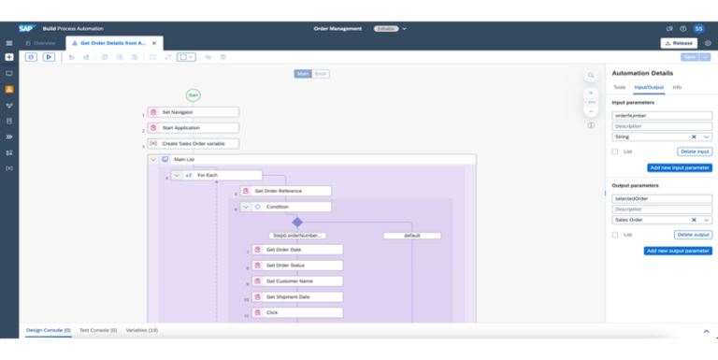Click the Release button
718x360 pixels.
[679, 43]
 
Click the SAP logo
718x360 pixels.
[26, 28]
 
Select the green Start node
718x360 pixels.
[193, 94]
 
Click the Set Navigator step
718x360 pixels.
[193, 112]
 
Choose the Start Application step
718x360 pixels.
[193, 127]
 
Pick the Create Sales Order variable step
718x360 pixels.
[193, 143]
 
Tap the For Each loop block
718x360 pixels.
[216, 175]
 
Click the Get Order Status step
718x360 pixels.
[297, 266]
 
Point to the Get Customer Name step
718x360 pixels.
[297, 281]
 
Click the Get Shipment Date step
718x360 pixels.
[297, 296]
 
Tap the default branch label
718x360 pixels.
[411, 236]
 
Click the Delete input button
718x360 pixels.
[695, 151]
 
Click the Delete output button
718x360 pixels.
[694, 235]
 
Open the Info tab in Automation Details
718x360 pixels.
[677, 87]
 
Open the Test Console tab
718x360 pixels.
[97, 330]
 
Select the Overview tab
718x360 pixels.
[41, 43]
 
